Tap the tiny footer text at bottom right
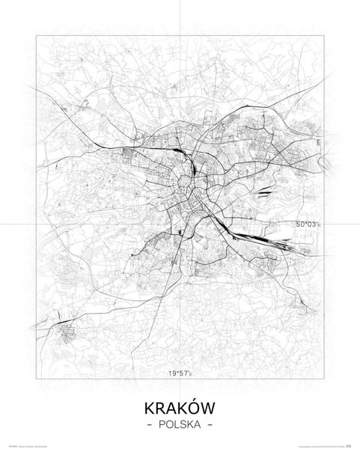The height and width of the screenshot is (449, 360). click(x=326, y=445)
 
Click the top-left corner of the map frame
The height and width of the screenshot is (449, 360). click(x=37, y=33)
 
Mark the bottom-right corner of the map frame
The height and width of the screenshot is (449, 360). click(x=323, y=379)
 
